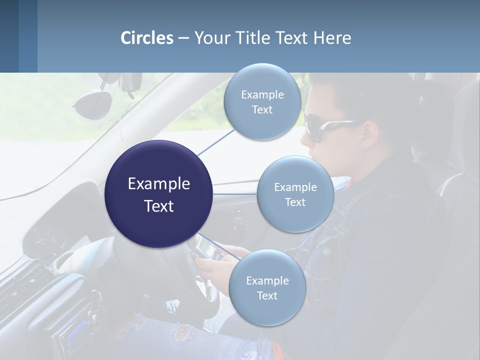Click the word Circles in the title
pos(147,38)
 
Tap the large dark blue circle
pos(158,194)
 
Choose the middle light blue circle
pos(295,194)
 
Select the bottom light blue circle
pos(267,287)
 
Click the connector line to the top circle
pos(215,142)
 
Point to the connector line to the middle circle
pos(234,194)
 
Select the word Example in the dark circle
pos(158,183)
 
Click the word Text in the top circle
pos(262,110)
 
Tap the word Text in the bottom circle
pos(267,296)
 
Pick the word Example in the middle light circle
pos(295,187)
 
